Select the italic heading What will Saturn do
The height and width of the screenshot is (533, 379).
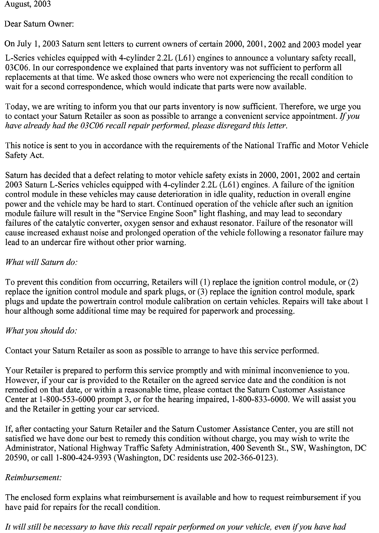[41, 262]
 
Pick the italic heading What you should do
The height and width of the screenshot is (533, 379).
[41, 331]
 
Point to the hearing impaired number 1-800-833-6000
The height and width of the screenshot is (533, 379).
[260, 399]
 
